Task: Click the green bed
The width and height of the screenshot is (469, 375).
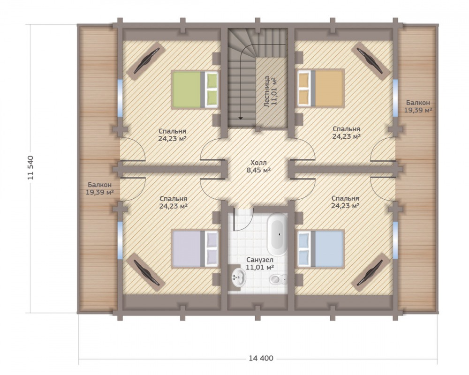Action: (x=195, y=90)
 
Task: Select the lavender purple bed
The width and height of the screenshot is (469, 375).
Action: (x=195, y=248)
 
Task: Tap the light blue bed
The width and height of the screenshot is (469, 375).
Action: (x=321, y=248)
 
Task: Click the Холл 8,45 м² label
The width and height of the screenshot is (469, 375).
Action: (x=258, y=166)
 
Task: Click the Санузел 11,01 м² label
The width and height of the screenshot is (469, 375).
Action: (x=260, y=263)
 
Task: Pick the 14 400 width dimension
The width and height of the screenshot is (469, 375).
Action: (x=261, y=358)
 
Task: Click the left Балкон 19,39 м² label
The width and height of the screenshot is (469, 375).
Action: (x=99, y=189)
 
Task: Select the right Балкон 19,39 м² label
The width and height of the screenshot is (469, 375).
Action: (x=418, y=106)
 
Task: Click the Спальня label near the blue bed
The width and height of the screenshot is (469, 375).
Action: (x=345, y=202)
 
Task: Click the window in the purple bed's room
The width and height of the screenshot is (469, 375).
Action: (x=120, y=240)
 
